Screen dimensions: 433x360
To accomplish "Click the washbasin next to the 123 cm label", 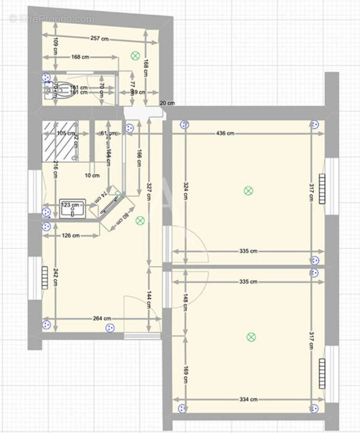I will coord(73,210).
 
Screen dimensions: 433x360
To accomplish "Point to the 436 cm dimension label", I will coord(225,133).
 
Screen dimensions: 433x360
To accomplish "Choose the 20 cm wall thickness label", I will coord(167,103).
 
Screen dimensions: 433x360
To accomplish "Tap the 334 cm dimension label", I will coord(248,399).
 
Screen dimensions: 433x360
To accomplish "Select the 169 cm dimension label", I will coord(185,373).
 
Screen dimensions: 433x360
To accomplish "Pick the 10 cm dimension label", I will coord(92,175).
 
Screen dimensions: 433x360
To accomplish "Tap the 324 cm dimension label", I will coord(185,191).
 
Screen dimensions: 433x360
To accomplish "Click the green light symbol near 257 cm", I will coord(135,55).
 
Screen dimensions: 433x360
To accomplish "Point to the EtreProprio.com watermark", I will coord(51,18).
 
